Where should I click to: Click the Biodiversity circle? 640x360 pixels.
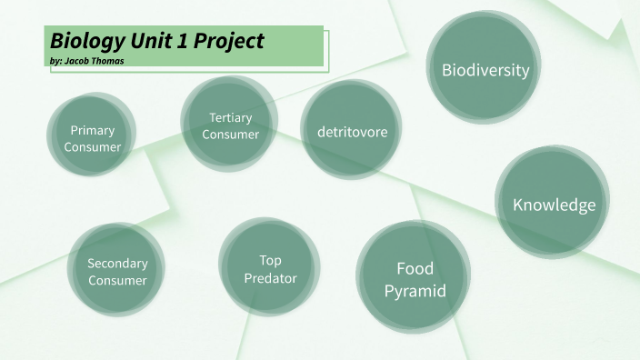coord(485,70)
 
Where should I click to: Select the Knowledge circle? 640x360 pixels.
coord(554,205)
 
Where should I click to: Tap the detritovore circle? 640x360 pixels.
coord(352,132)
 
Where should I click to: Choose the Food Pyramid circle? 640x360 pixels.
coord(415,279)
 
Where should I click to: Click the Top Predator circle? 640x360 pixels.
coord(270,268)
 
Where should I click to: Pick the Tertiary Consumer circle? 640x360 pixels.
coord(230,125)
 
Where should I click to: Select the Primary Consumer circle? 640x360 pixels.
coord(92,138)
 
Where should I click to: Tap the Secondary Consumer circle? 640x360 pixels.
coord(117,272)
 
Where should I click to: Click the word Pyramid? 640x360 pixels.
coord(415,291)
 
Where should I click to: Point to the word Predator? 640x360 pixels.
coord(270,278)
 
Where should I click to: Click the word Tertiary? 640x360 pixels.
coord(230,117)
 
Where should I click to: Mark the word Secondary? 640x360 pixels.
coord(117,264)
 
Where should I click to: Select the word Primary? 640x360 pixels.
coord(92,130)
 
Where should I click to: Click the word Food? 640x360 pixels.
coord(415,268)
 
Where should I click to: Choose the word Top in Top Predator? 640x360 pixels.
coord(270,260)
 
